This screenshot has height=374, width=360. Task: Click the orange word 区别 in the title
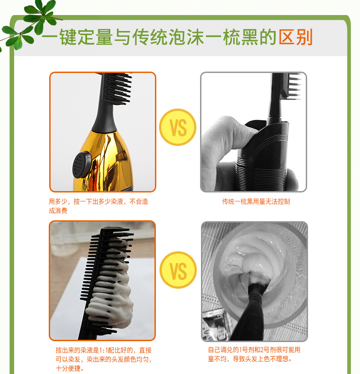coord(295,37)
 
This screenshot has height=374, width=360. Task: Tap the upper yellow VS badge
coord(178,127)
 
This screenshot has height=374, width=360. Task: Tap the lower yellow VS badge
coord(178,270)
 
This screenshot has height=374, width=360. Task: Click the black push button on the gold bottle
coord(82,165)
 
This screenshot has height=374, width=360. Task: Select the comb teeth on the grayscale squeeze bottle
coord(294,86)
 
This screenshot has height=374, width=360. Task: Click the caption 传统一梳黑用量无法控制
coord(256,202)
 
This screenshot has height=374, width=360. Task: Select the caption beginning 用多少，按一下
coord(98,206)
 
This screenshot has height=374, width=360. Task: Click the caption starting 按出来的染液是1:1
coord(103,359)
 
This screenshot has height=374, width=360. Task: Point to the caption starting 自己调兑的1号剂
coord(254,354)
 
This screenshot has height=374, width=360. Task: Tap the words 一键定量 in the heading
coord(77,37)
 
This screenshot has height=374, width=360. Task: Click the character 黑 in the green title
coord(250,37)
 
